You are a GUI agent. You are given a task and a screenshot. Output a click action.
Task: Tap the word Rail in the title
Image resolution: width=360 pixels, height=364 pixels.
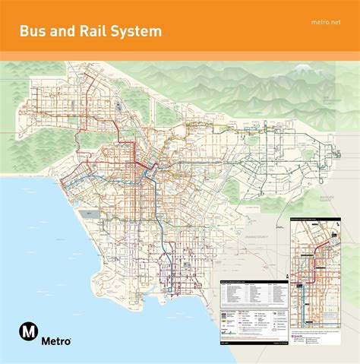coord(102,31)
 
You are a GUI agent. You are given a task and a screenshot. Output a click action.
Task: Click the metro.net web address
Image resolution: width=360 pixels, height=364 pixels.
coord(327,21)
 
